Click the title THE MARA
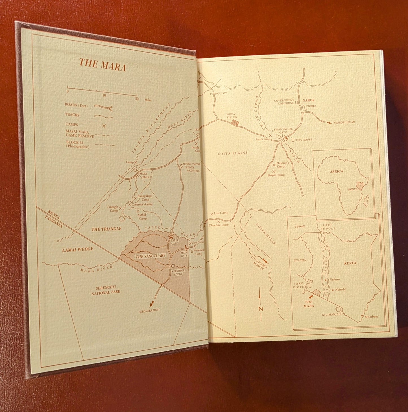click(102, 65)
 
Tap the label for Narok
click(308, 100)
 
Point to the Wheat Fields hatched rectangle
click(235, 122)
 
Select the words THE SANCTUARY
click(150, 256)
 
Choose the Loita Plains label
click(232, 153)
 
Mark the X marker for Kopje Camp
click(274, 172)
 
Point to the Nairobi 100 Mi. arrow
click(328, 123)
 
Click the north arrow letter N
click(260, 309)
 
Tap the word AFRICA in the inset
click(337, 171)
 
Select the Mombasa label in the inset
click(371, 317)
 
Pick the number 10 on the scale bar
click(104, 95)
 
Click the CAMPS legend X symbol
click(104, 126)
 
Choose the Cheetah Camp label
click(219, 225)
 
